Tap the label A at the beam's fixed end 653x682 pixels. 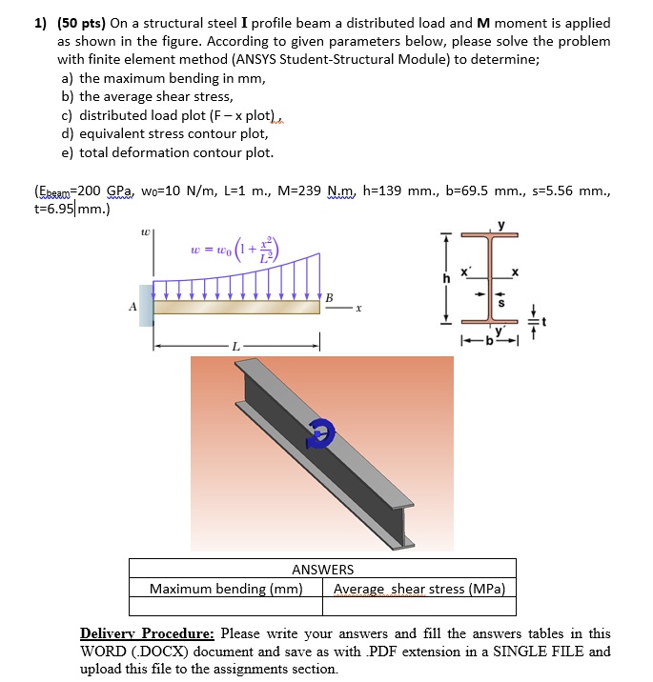132,308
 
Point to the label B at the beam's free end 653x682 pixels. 330,296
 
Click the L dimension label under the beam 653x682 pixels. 235,344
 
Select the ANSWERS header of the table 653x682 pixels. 322,570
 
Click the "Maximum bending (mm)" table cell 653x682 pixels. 225,588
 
